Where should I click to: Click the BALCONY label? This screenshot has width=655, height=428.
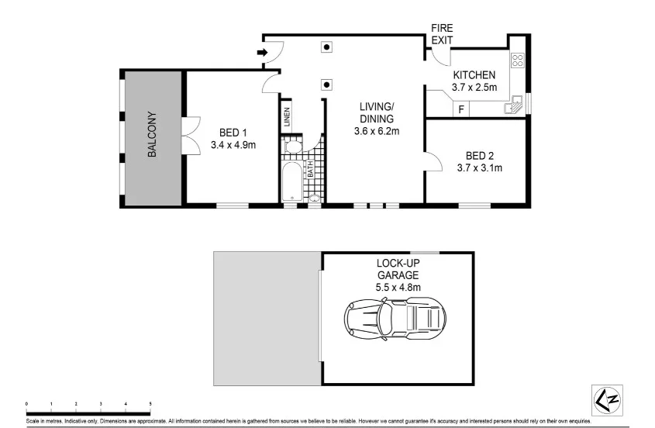tap(152, 137)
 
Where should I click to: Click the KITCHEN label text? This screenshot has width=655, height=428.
tap(474, 75)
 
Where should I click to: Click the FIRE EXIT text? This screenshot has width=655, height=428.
tap(442, 33)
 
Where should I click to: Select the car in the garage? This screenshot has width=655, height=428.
tap(396, 317)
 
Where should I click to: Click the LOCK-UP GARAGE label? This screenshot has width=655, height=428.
tap(398, 269)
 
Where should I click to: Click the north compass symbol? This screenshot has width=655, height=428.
tap(606, 399)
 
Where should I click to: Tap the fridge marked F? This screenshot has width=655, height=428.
tap(461, 109)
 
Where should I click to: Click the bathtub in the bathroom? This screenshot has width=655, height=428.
tap(290, 182)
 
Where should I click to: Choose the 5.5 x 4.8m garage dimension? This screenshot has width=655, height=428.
tap(398, 288)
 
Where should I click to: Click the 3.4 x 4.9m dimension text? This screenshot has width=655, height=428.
tap(233, 144)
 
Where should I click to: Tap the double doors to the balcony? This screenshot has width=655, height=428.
tap(190, 137)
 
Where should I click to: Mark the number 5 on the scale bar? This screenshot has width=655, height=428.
tap(150, 404)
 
